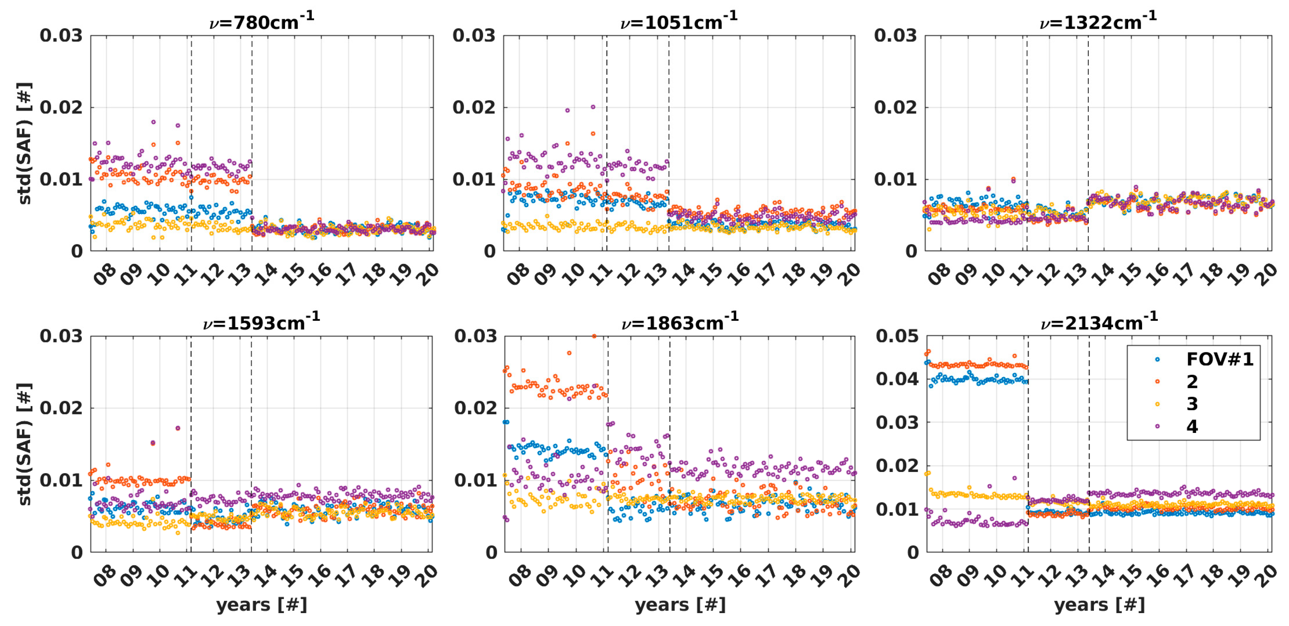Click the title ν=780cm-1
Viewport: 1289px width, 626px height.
coord(262,22)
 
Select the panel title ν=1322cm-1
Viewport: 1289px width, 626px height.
coord(1098,22)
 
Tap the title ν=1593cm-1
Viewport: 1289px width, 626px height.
coord(261,323)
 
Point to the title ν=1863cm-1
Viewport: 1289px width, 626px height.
coord(679,323)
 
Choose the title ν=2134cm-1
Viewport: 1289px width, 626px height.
coord(1099,323)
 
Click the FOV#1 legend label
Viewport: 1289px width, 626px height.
coord(1220,359)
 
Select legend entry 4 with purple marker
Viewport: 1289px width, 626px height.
coord(1192,426)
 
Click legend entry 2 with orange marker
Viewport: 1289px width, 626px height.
coord(1192,382)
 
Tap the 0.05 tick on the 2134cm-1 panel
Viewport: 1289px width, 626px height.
coord(897,336)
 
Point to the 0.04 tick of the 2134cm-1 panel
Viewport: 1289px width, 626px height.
coord(897,379)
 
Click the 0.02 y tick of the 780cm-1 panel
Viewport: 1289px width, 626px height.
coord(61,107)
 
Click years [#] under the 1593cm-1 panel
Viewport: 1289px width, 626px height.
coord(261,604)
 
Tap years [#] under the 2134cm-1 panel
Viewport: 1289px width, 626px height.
coord(1099,604)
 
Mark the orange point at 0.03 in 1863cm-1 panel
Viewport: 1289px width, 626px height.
coord(594,336)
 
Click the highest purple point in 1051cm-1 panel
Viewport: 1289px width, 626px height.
coord(593,107)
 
